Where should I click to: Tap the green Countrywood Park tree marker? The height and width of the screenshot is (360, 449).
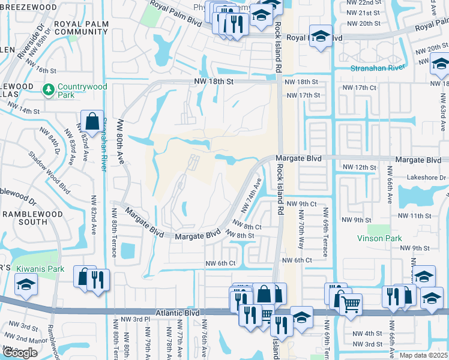[49, 89]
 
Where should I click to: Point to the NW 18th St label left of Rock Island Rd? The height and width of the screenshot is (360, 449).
[212, 81]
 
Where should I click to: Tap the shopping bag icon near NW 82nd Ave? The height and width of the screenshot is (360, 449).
[92, 121]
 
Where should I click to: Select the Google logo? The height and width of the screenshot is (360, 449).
[20, 353]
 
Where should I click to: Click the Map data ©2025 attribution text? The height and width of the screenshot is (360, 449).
[424, 355]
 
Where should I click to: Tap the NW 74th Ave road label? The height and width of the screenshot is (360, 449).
[252, 195]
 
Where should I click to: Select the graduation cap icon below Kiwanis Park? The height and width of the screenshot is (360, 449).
[26, 286]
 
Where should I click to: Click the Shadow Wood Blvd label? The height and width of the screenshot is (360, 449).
[48, 170]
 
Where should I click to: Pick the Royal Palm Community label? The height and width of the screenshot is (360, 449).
[80, 28]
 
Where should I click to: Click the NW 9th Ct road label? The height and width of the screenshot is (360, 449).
[301, 204]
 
